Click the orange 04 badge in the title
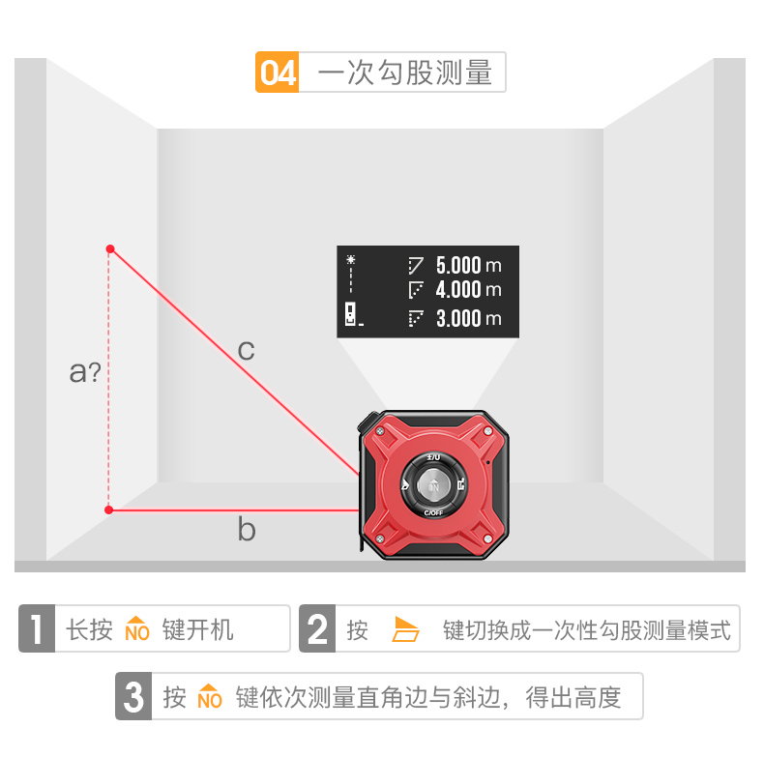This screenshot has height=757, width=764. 278,73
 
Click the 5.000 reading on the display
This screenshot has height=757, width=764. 457,264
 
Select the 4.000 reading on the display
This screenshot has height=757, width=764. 457,289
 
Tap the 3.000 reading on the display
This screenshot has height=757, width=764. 457,318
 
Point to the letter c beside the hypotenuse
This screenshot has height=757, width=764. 247,349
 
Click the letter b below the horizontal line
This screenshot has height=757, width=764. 247,529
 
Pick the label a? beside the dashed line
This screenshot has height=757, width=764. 85,371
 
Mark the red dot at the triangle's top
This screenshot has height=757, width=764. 110,249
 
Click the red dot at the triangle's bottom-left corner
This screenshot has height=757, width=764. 109,510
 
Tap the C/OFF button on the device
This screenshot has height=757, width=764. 434,512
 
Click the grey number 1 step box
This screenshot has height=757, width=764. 37,629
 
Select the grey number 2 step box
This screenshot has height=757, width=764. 317,629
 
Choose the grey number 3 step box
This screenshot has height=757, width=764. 134,696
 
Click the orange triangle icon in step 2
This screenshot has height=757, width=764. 406,630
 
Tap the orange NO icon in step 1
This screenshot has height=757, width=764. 137,629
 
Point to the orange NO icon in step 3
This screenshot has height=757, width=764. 210,696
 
